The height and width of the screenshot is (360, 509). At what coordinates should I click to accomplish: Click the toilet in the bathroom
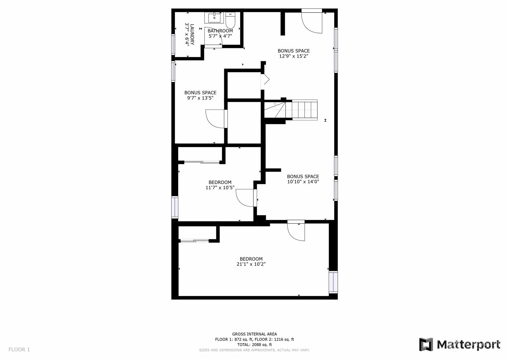(230, 20)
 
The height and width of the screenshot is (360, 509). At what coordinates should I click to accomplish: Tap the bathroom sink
(214, 18)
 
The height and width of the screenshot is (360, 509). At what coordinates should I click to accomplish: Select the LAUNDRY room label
(192, 35)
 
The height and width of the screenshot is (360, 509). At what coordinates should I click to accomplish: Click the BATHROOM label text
(220, 31)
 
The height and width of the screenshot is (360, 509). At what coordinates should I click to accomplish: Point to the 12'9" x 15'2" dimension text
(294, 56)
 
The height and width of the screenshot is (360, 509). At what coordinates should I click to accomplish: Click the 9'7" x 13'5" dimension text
(200, 98)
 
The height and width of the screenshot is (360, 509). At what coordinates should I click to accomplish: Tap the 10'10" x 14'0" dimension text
(303, 182)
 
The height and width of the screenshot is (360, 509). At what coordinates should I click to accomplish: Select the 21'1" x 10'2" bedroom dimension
(251, 264)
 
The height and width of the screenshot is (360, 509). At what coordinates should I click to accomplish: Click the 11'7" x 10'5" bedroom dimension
(220, 188)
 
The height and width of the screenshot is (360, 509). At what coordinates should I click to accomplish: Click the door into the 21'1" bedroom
(296, 230)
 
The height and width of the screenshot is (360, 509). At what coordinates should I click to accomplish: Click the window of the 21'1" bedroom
(333, 282)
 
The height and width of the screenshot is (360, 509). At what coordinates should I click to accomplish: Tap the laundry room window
(173, 44)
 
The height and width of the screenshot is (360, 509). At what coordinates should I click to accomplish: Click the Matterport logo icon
(426, 345)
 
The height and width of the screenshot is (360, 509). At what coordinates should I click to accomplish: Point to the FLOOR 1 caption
(19, 349)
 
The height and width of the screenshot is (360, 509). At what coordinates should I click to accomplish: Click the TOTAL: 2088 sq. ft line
(255, 345)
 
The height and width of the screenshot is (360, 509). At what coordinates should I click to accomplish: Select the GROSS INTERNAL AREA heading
(255, 334)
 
